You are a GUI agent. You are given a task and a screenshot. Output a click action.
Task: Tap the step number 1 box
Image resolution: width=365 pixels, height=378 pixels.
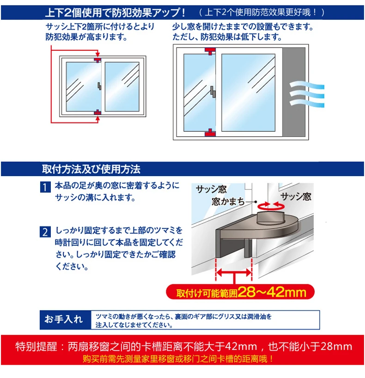[44, 188]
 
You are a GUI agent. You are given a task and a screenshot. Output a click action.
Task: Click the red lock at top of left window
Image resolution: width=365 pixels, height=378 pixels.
[97, 60]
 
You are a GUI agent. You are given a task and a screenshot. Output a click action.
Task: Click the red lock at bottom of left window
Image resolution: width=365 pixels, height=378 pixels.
[97, 112]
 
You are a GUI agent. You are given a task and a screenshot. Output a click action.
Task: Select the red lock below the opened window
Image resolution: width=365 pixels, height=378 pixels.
[209, 133]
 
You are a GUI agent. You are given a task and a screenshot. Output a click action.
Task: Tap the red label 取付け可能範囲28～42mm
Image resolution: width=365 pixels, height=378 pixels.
[240, 292]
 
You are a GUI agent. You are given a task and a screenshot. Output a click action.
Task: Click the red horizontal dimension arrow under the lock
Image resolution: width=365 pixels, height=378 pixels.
[234, 274]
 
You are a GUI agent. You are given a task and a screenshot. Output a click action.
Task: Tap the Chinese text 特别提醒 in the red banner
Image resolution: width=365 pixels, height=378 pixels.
[39, 346]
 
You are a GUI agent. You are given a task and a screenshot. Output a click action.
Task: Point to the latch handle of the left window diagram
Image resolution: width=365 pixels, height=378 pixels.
[99, 86]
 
